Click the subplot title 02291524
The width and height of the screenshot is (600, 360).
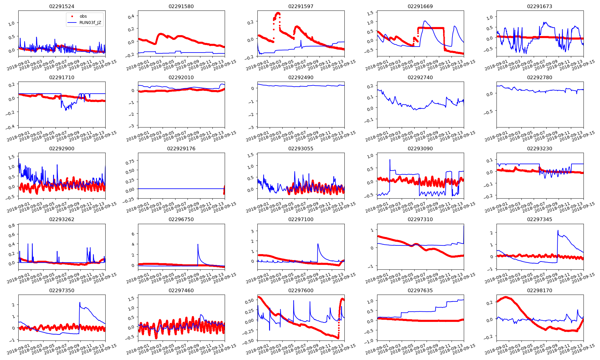[x=61, y=6]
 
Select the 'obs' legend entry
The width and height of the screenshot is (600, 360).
[x=83, y=16]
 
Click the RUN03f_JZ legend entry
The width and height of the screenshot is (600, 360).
[x=90, y=22]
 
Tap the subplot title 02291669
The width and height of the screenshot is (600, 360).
[x=420, y=6]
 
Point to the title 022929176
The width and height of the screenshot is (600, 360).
[x=181, y=148]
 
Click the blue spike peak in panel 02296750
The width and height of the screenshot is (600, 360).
[x=198, y=244]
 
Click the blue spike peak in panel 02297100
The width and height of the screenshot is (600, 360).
[x=318, y=244]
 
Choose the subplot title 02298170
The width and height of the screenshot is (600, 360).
[x=539, y=290]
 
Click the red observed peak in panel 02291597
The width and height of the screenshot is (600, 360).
[x=278, y=13]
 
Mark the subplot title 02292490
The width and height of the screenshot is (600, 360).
[x=301, y=77]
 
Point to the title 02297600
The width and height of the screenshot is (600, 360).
[x=301, y=290]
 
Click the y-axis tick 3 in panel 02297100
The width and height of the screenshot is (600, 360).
[x=252, y=231]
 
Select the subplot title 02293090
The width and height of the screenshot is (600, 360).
[x=420, y=148]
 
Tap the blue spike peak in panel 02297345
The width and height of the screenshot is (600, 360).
[x=558, y=230]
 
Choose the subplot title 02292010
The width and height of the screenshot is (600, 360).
[x=181, y=77]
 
